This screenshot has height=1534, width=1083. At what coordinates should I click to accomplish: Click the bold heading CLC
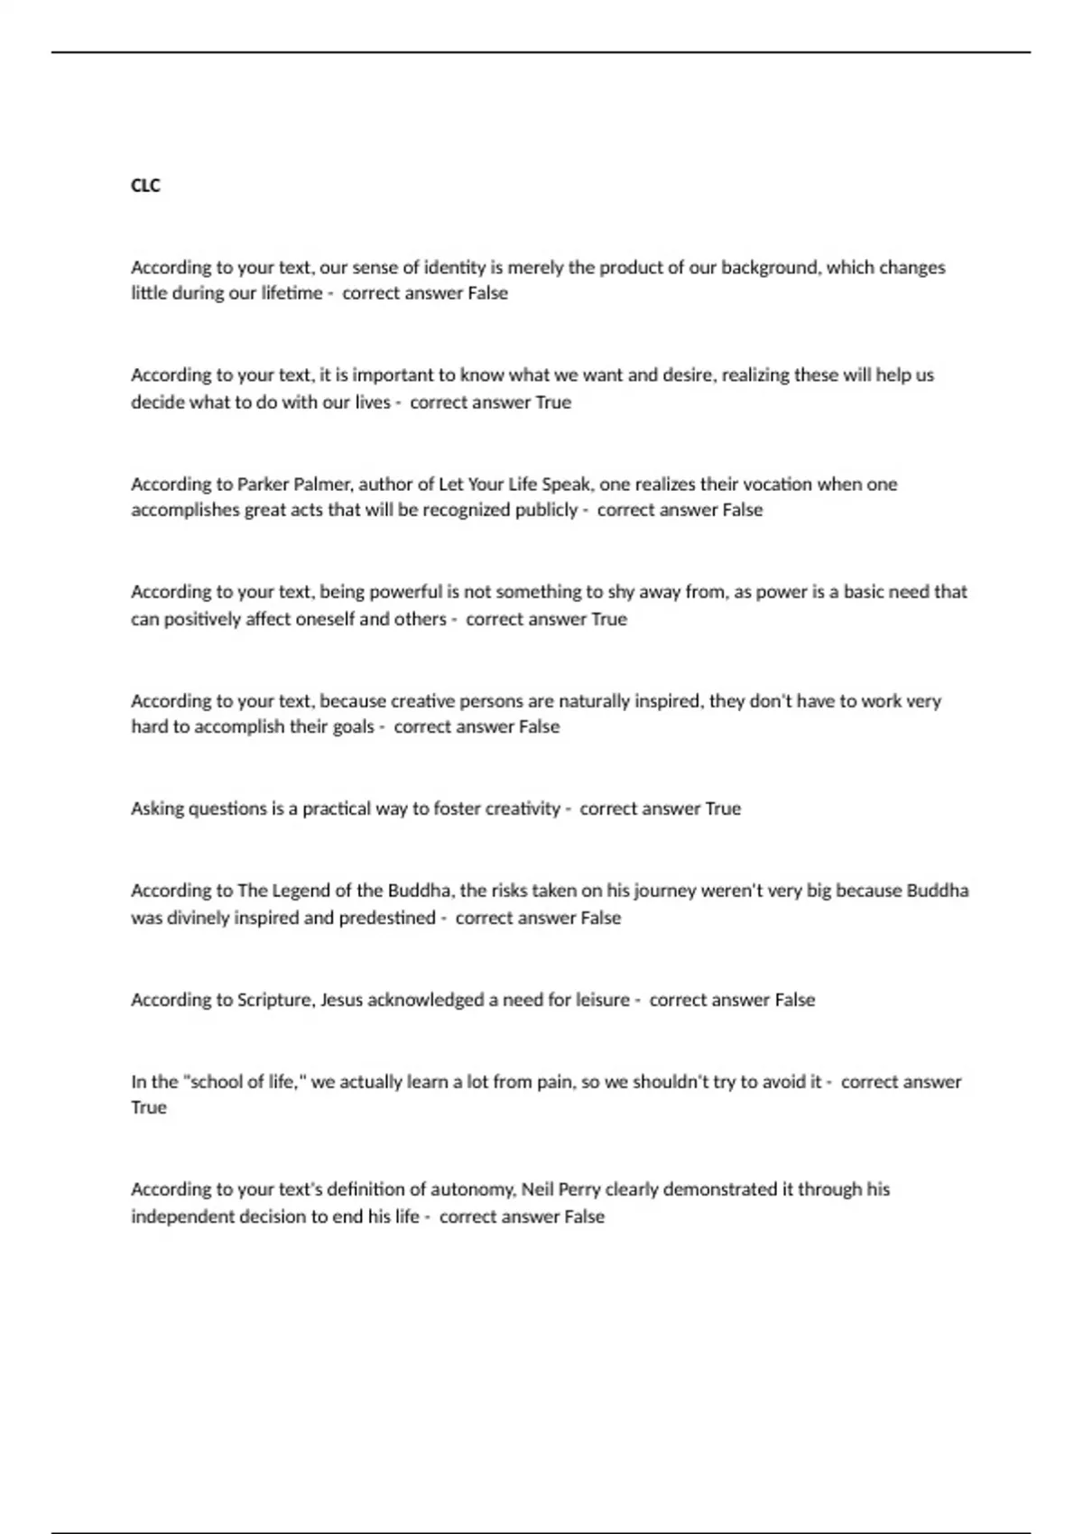(145, 186)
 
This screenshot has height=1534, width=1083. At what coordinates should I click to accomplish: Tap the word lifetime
(292, 293)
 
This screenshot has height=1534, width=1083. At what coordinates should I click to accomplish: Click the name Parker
(263, 485)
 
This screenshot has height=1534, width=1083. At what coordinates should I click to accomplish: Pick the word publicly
(545, 510)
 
